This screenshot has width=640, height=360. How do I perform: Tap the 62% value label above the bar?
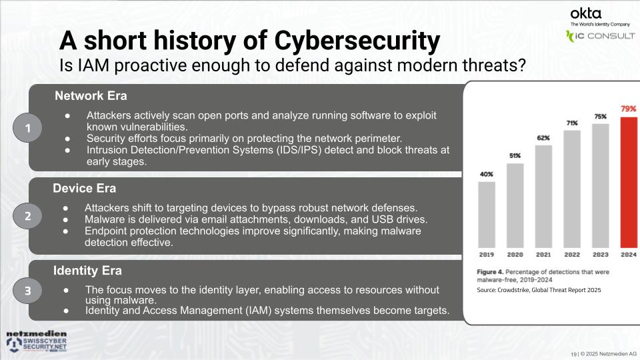(x=543, y=137)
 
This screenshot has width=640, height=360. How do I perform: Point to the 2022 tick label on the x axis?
(x=572, y=255)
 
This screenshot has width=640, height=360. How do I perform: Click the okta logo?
(x=586, y=13)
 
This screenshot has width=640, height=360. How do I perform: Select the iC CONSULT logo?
(x=600, y=35)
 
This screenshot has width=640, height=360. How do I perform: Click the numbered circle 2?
(x=28, y=216)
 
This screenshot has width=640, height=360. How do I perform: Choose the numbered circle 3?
(x=28, y=290)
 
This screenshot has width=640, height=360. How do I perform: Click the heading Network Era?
(x=91, y=95)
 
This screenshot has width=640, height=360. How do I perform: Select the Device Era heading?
(x=84, y=189)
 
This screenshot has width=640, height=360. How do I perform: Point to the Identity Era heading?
(x=87, y=271)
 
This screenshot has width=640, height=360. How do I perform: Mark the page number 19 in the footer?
(x=573, y=353)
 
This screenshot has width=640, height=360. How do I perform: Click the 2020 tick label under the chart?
(x=515, y=255)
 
